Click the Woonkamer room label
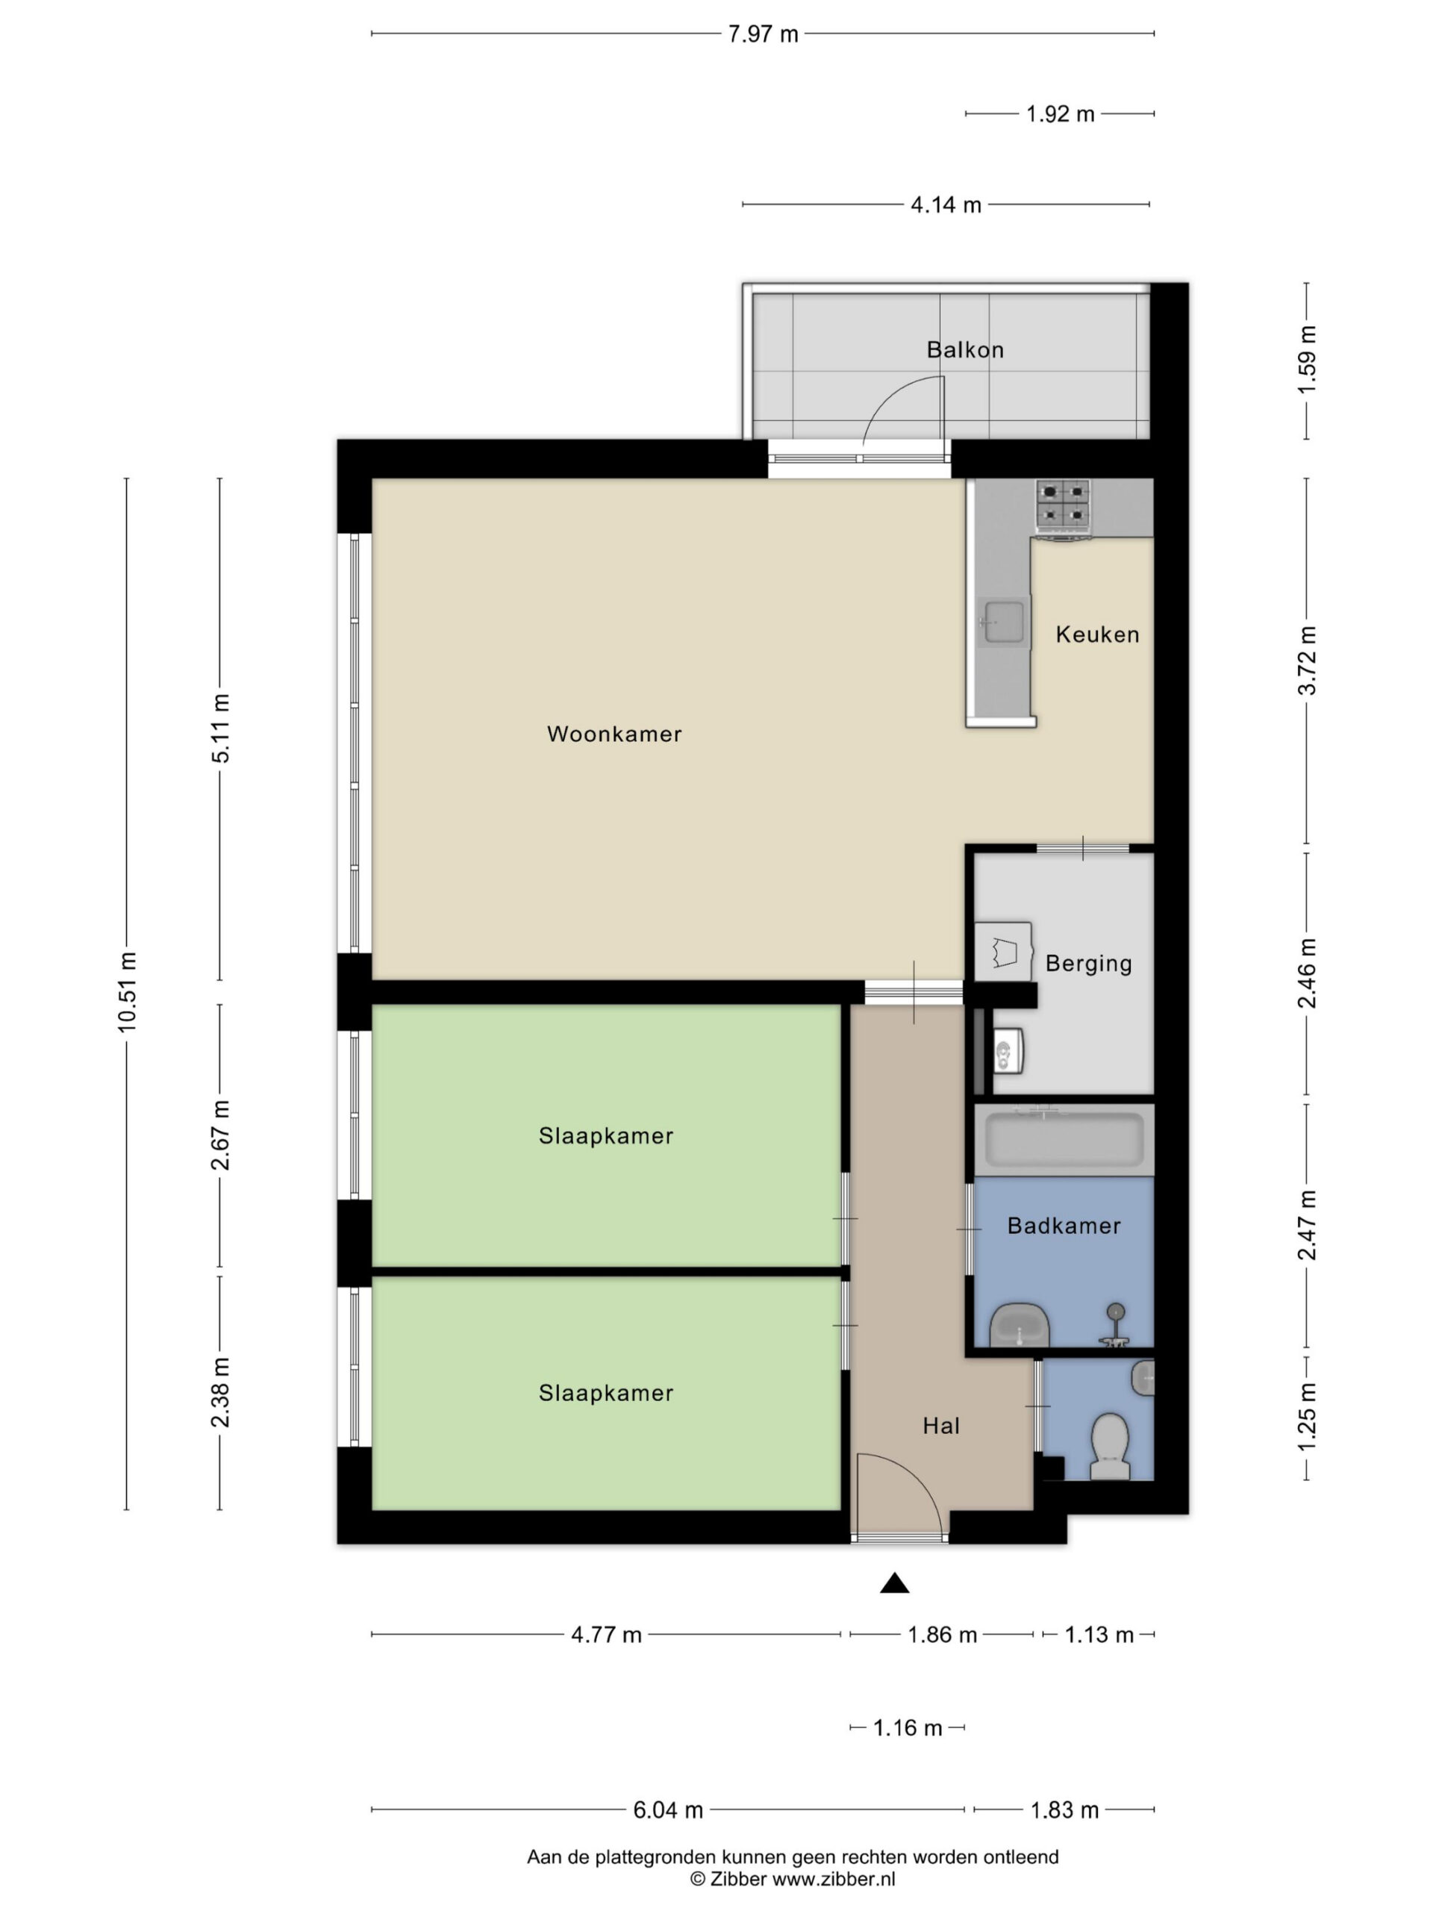click(614, 735)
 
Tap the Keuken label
click(1097, 635)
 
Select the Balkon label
click(965, 350)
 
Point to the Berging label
click(1088, 963)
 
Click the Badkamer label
click(1064, 1226)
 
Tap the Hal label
click(940, 1426)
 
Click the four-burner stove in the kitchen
click(1063, 505)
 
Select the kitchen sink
click(1005, 622)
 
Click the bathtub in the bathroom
click(1064, 1140)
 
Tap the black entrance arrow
click(894, 1583)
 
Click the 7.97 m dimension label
click(763, 34)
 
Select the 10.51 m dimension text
click(128, 992)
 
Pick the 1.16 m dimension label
click(907, 1728)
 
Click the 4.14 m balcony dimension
click(946, 205)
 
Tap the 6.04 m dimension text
click(668, 1810)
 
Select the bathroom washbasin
click(1020, 1324)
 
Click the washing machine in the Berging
click(1004, 951)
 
